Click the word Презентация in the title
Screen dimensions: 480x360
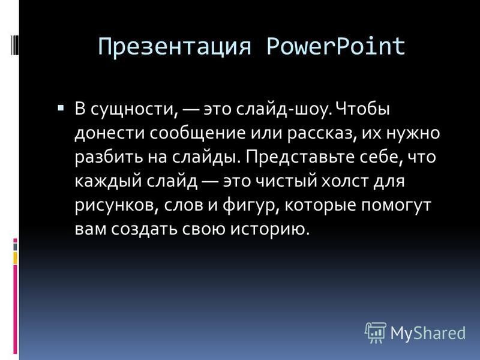pyautogui.click(x=175, y=47)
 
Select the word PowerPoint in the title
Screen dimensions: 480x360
pyautogui.click(x=336, y=47)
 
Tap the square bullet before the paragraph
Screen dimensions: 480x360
pyautogui.click(x=61, y=108)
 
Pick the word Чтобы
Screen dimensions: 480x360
pyautogui.click(x=362, y=109)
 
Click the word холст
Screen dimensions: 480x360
pyautogui.click(x=344, y=181)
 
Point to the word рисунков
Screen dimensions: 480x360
pyautogui.click(x=116, y=205)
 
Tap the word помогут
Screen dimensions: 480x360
pyautogui.click(x=396, y=205)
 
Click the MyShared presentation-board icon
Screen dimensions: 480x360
pyautogui.click(x=376, y=332)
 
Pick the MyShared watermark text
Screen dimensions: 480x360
pyautogui.click(x=428, y=333)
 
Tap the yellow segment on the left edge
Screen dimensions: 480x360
pyautogui.click(x=16, y=259)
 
